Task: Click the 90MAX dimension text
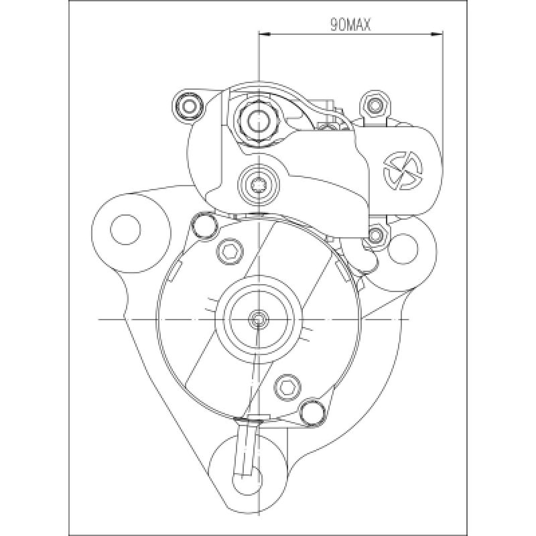click(x=350, y=25)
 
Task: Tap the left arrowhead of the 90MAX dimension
click(x=265, y=34)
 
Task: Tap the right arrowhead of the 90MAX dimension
click(x=437, y=34)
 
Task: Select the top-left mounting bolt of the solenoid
click(x=188, y=106)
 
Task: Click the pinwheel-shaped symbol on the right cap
click(x=403, y=170)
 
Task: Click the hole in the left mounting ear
click(x=125, y=230)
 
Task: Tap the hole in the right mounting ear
click(x=403, y=249)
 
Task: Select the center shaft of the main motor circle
click(x=259, y=320)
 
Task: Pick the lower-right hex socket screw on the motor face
click(x=288, y=387)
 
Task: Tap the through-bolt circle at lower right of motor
click(x=312, y=412)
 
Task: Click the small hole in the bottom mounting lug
click(x=247, y=480)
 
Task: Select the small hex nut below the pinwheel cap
click(x=376, y=235)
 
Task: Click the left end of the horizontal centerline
click(x=98, y=320)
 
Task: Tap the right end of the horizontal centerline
click(x=409, y=320)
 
